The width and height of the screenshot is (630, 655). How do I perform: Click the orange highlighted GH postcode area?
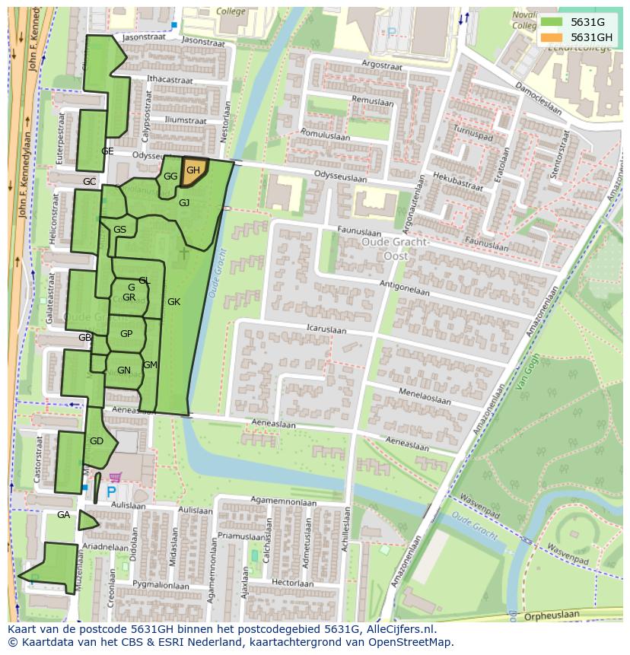[x=193, y=170]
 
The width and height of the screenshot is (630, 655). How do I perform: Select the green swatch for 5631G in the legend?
[x=552, y=22]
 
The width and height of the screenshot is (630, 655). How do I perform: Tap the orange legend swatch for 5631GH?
[x=552, y=37]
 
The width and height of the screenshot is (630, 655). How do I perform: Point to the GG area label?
[x=170, y=176]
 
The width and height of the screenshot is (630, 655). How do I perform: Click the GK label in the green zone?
[x=173, y=302]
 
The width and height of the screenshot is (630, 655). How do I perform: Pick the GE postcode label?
[x=107, y=151]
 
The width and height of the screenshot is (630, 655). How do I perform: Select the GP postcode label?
[x=126, y=334]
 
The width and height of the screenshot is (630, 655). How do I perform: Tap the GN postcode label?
[x=124, y=370]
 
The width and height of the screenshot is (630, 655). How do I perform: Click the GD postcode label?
[x=96, y=441]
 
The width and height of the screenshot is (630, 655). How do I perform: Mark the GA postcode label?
[x=63, y=515]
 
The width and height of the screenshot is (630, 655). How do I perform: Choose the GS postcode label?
[x=119, y=230]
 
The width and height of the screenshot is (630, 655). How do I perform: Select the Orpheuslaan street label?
[x=551, y=615]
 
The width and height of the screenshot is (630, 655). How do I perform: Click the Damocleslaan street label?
[x=538, y=98]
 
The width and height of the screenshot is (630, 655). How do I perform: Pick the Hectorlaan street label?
[x=292, y=583]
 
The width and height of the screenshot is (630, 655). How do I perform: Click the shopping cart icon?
[x=115, y=478]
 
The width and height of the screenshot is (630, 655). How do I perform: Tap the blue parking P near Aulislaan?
[x=110, y=493]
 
